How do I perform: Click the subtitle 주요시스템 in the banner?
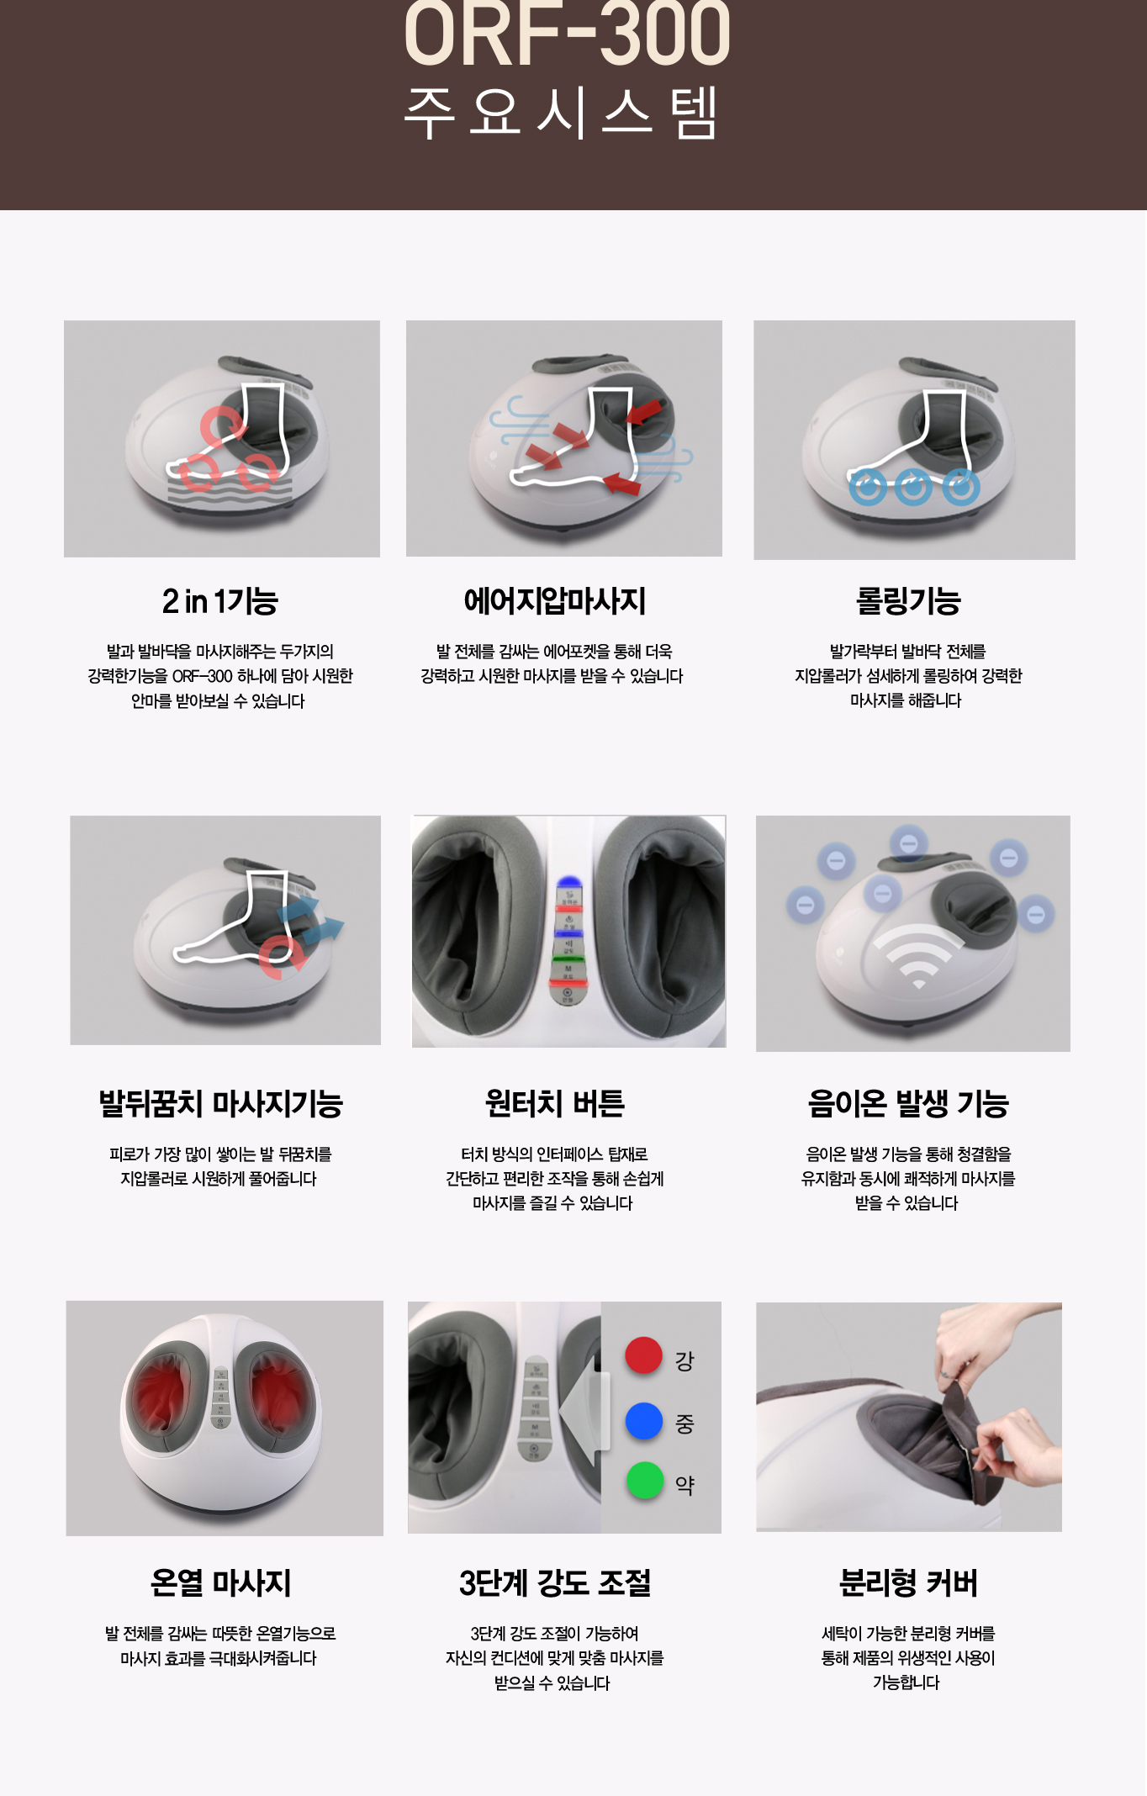(x=561, y=113)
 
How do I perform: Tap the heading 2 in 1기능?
(x=220, y=601)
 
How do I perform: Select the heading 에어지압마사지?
(x=555, y=601)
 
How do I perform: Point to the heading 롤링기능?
(x=908, y=601)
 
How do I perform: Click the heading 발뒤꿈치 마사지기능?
(x=221, y=1104)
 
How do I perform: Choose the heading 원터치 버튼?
(x=555, y=1104)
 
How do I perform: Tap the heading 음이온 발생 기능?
(x=908, y=1104)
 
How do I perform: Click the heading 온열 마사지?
(x=221, y=1583)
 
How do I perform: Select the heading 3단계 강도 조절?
(x=555, y=1583)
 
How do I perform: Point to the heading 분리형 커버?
(x=908, y=1583)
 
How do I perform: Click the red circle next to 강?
(x=644, y=1355)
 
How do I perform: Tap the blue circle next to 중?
(x=644, y=1420)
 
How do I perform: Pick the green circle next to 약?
(x=645, y=1481)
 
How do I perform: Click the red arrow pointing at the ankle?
(x=644, y=413)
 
